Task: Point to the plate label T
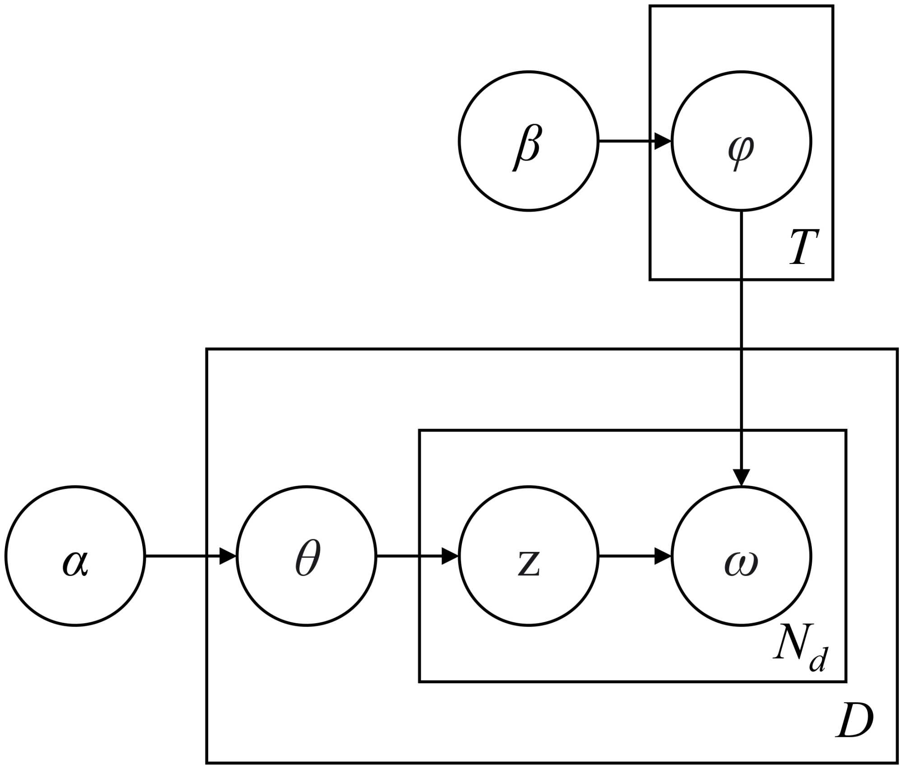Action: coord(804,247)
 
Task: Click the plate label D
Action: coord(854,721)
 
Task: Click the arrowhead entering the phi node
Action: coord(663,141)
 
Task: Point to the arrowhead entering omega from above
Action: coord(741,477)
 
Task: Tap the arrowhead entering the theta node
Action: coord(228,556)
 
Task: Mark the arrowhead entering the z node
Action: coord(450,556)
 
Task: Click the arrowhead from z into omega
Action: coord(663,556)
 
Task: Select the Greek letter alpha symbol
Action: coord(75,563)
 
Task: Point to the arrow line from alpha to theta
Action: coord(181,556)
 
